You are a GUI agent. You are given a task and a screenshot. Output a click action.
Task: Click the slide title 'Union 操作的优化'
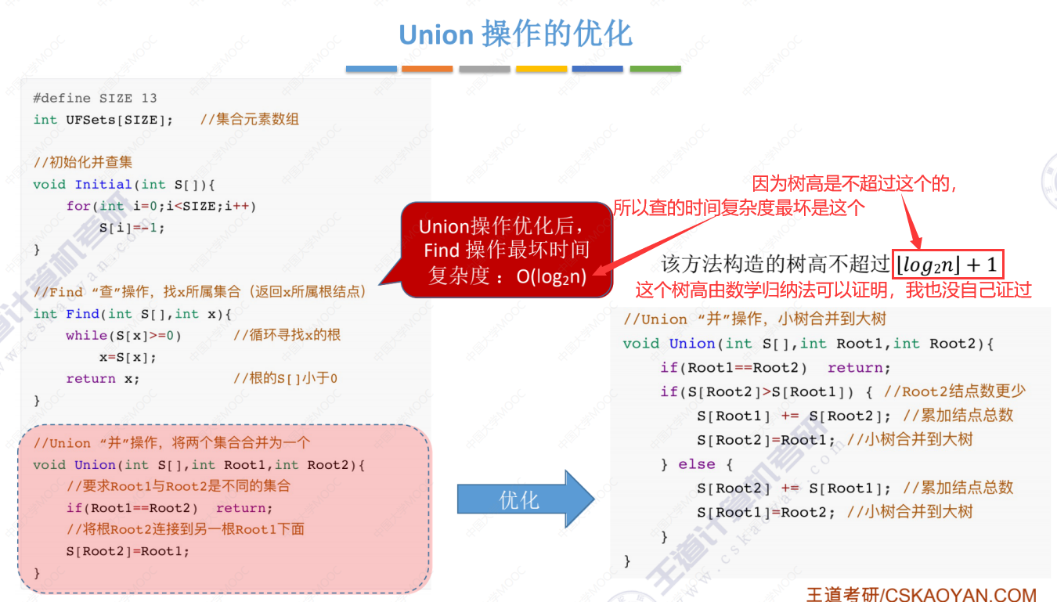point(515,34)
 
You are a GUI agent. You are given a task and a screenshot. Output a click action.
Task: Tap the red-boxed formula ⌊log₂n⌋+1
point(949,264)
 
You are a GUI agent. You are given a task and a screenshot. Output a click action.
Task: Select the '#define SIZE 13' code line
point(95,98)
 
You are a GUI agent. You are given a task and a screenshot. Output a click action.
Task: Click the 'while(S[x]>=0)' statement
point(124,335)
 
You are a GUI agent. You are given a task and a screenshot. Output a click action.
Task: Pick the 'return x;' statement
point(103,378)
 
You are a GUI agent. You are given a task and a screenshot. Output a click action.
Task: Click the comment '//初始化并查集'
point(83,163)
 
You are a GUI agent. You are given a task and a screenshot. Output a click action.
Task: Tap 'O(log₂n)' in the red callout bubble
point(551,276)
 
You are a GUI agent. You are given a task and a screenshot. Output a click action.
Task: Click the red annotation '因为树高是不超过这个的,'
point(854,184)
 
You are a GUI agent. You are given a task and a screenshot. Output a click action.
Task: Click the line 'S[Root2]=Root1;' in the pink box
point(128,551)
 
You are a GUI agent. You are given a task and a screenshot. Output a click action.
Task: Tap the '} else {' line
point(696,464)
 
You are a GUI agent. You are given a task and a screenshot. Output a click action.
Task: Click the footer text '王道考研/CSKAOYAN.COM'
point(921,594)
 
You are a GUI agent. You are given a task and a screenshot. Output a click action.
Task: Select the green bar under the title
point(655,69)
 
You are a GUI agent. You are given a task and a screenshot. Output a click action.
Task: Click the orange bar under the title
point(427,69)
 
